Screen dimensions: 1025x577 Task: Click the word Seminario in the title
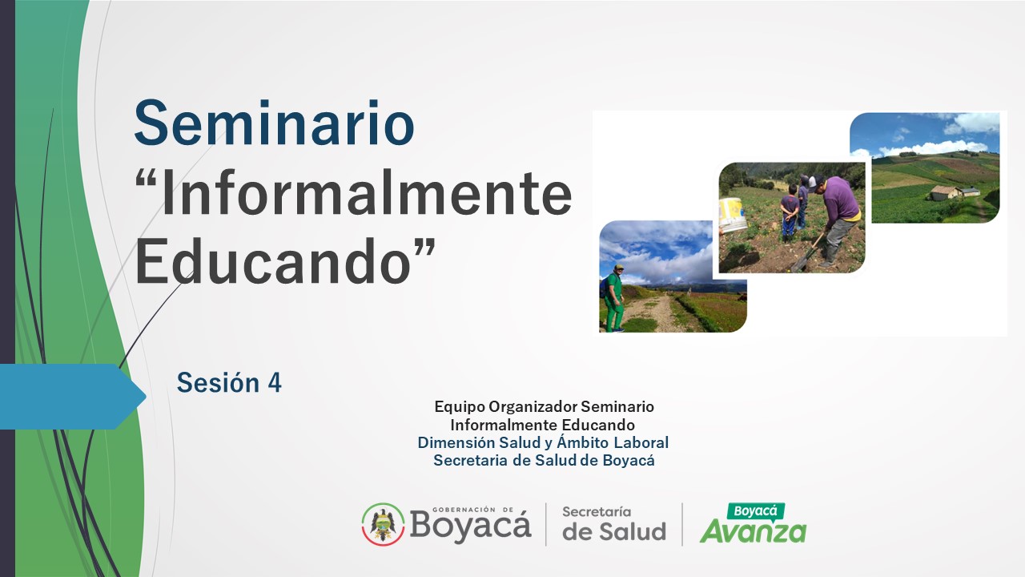274,123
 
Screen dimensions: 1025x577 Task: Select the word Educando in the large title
273,261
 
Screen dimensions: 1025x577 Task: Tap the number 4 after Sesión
274,383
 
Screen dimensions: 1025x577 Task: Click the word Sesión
219,382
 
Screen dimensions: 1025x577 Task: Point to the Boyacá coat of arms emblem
383,524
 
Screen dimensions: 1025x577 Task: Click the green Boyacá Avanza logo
754,523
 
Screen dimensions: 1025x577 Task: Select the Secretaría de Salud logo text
614,523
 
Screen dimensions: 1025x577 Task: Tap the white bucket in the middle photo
733,215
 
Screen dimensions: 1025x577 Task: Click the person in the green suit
613,297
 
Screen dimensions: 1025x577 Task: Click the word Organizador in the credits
533,406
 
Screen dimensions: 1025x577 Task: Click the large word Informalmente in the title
367,192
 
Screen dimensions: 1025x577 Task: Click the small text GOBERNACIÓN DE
472,510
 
